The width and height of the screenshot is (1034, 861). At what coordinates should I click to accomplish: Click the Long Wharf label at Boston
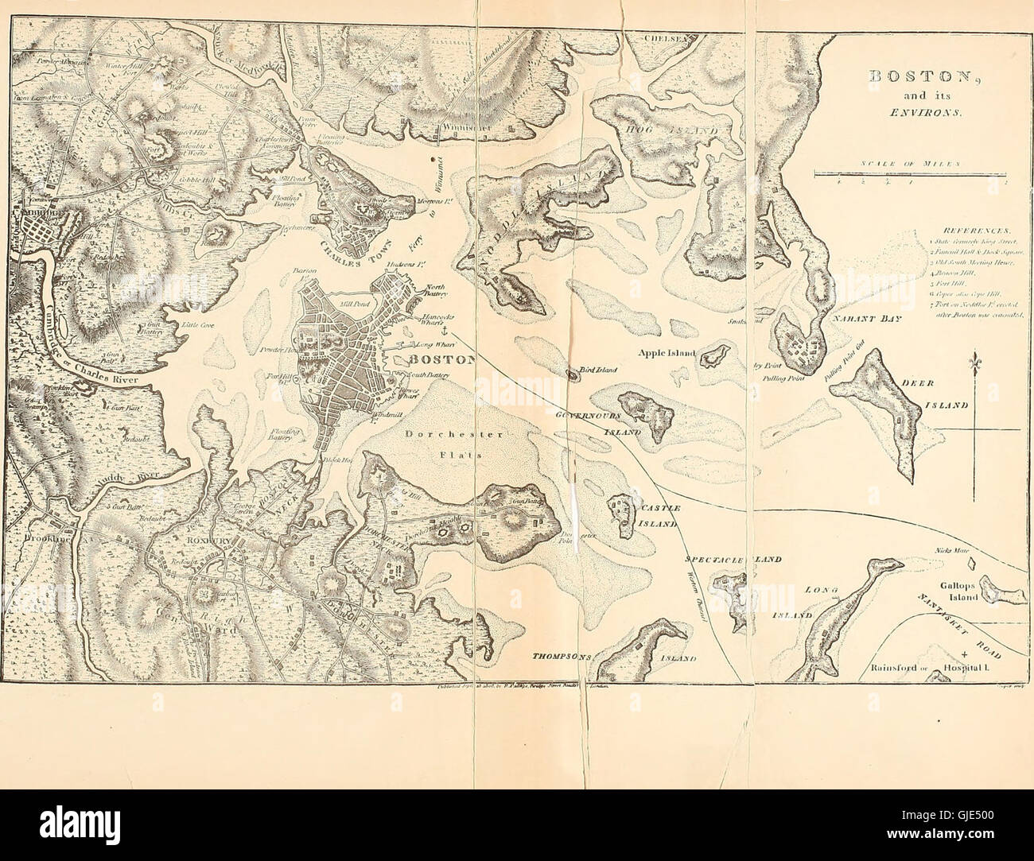click(430, 344)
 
